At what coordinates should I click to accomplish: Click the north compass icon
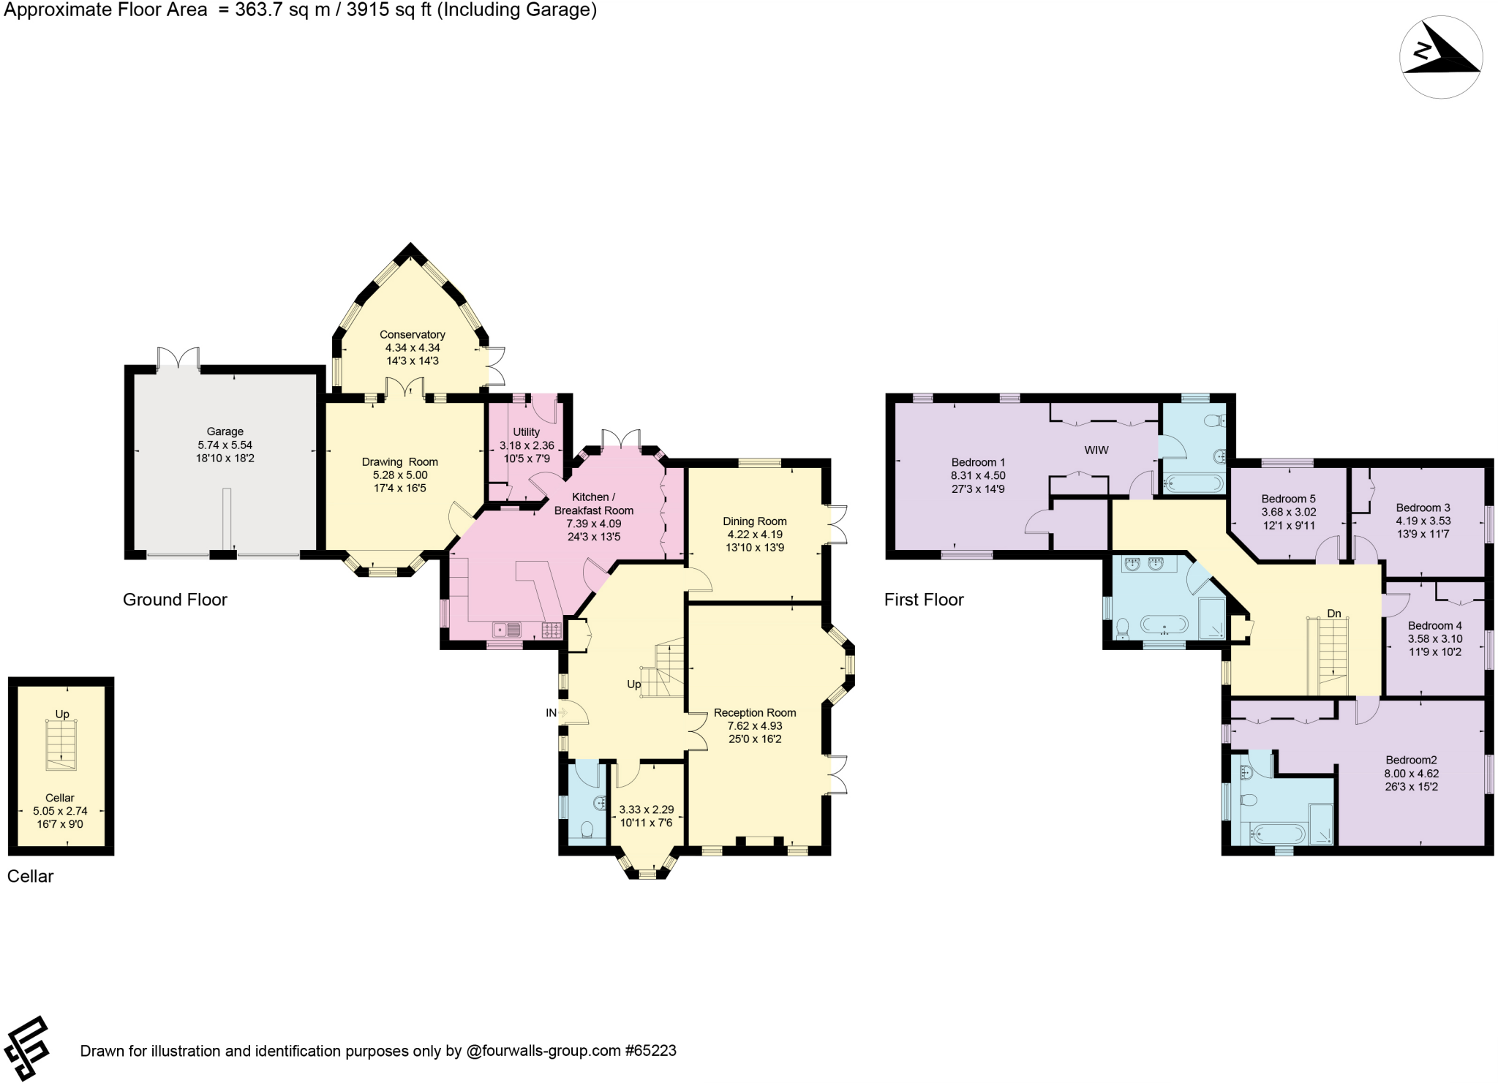tap(1440, 57)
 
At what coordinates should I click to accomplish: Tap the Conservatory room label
tap(412, 334)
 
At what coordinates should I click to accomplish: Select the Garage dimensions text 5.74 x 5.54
tap(225, 445)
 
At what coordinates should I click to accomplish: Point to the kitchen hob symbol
tap(552, 630)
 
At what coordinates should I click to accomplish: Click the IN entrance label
tap(551, 713)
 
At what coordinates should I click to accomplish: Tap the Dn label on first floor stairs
tap(1334, 613)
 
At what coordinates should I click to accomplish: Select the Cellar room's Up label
tap(62, 714)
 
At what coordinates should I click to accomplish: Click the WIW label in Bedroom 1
tap(1096, 450)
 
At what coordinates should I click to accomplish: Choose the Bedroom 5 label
tap(1288, 499)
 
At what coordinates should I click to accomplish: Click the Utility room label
tap(526, 432)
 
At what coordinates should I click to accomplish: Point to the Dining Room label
tap(754, 521)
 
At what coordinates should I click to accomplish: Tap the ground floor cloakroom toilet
tap(587, 829)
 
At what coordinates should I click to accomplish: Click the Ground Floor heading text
tap(175, 600)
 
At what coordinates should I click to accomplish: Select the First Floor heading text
tap(923, 600)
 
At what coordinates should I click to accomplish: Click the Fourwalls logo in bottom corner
tap(26, 1048)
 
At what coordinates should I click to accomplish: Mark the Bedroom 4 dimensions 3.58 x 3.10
tap(1434, 638)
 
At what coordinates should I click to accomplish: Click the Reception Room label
tap(754, 712)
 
